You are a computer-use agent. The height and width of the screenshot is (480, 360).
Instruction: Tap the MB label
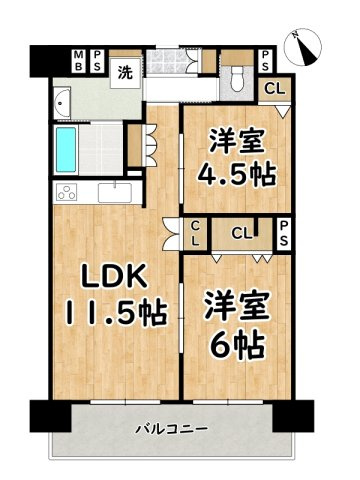click(x=78, y=59)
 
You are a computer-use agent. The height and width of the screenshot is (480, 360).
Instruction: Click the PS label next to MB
click(x=98, y=59)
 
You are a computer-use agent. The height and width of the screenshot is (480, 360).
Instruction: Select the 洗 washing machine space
click(x=126, y=72)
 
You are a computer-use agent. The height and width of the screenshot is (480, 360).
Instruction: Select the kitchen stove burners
click(x=66, y=193)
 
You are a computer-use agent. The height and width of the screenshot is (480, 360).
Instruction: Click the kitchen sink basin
click(x=119, y=191)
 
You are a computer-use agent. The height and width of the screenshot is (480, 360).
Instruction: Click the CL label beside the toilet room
click(x=273, y=88)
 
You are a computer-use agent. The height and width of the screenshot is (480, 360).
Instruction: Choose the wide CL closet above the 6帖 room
click(x=241, y=234)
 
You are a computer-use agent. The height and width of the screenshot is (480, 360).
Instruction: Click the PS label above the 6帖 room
click(x=284, y=234)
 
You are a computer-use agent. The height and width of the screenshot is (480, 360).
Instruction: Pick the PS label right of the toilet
click(x=266, y=59)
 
